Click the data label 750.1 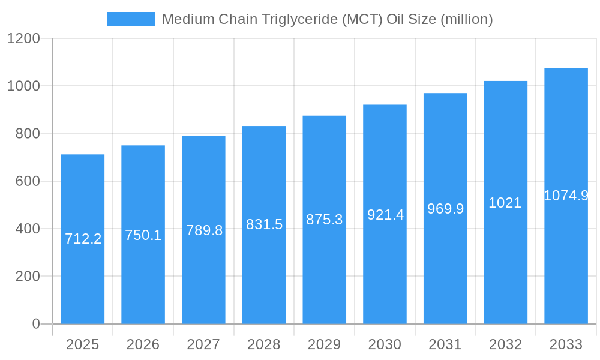tap(143, 235)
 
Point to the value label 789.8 tap(204, 230)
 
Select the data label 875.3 tap(324, 220)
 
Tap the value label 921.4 tap(385, 215)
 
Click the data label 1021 tap(505, 203)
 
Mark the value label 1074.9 tap(566, 196)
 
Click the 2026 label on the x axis tap(143, 344)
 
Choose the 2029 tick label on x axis tap(324, 344)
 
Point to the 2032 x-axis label tap(505, 344)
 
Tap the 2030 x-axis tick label tap(385, 344)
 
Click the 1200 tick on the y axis tap(23, 39)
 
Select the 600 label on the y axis tap(28, 181)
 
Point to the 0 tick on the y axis tap(36, 324)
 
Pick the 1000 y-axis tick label tap(23, 86)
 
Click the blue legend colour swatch tap(130, 19)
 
